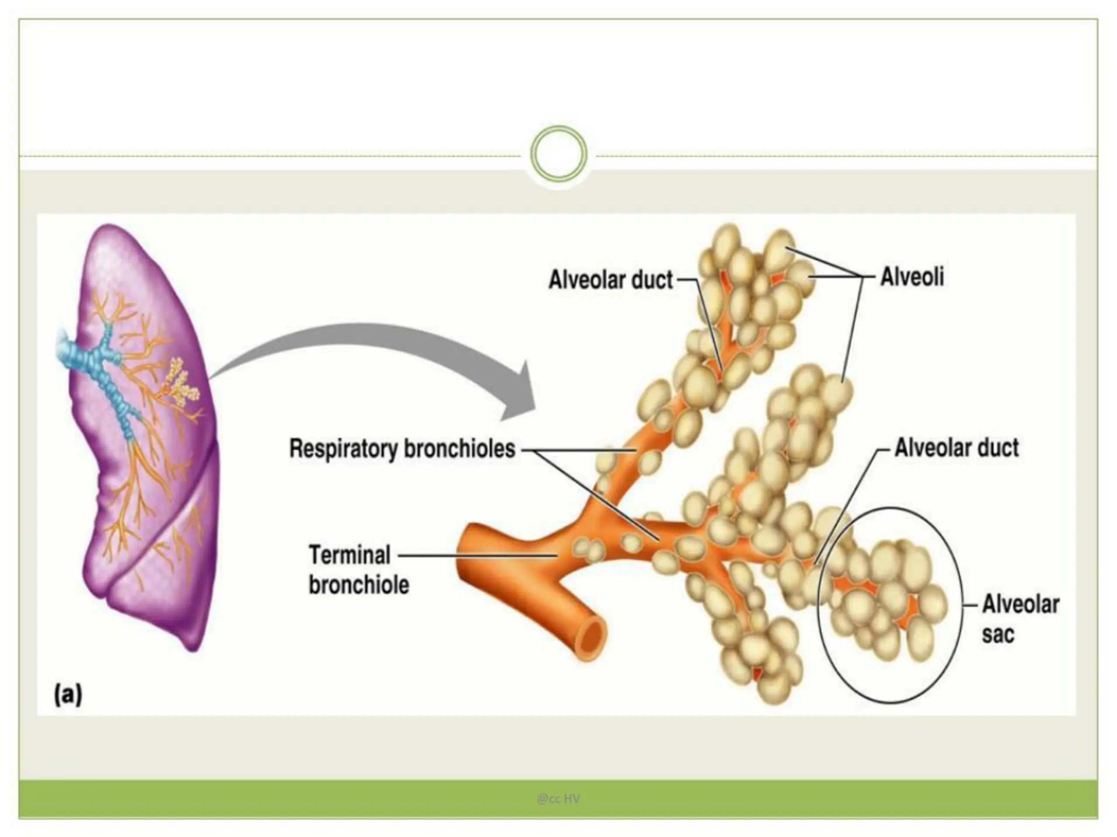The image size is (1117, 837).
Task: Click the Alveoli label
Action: (x=912, y=277)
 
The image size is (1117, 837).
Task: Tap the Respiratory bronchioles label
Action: (x=402, y=449)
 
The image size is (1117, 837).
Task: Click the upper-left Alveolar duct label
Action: (x=610, y=279)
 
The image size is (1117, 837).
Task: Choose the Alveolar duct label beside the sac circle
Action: (x=956, y=448)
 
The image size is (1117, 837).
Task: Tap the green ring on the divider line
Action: (x=558, y=153)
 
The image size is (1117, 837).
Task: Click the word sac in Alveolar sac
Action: (x=997, y=634)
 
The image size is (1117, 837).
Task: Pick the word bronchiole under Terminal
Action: (x=359, y=585)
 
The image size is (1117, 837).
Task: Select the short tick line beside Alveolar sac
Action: (x=970, y=606)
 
